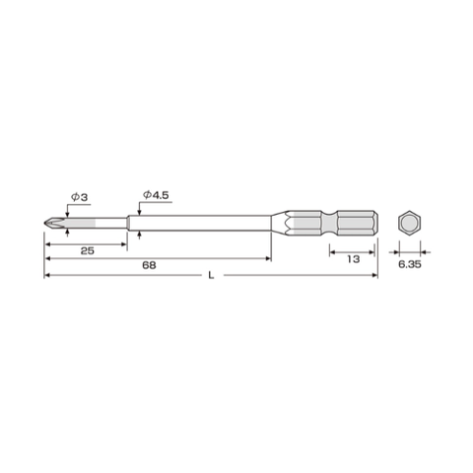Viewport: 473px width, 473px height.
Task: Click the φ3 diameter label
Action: click(79, 198)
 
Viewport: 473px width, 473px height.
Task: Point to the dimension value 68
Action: click(149, 265)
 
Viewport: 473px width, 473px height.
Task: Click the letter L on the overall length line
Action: click(211, 278)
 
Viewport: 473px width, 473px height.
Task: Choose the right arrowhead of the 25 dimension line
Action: click(126, 245)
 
